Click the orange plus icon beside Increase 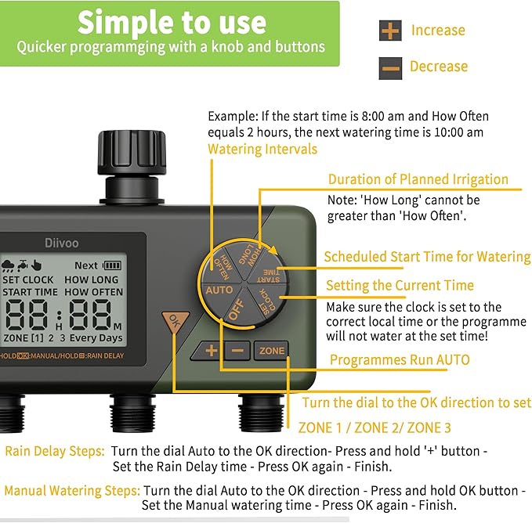[389, 31]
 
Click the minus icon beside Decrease [389, 67]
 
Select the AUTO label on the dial [219, 290]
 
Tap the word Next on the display [86, 265]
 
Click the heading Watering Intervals [262, 149]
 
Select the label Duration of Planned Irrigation [418, 179]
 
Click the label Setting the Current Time [400, 285]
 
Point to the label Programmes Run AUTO [400, 360]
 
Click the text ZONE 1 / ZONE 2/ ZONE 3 [375, 428]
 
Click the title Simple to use [170, 23]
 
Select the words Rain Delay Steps [54, 452]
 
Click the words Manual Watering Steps [72, 491]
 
